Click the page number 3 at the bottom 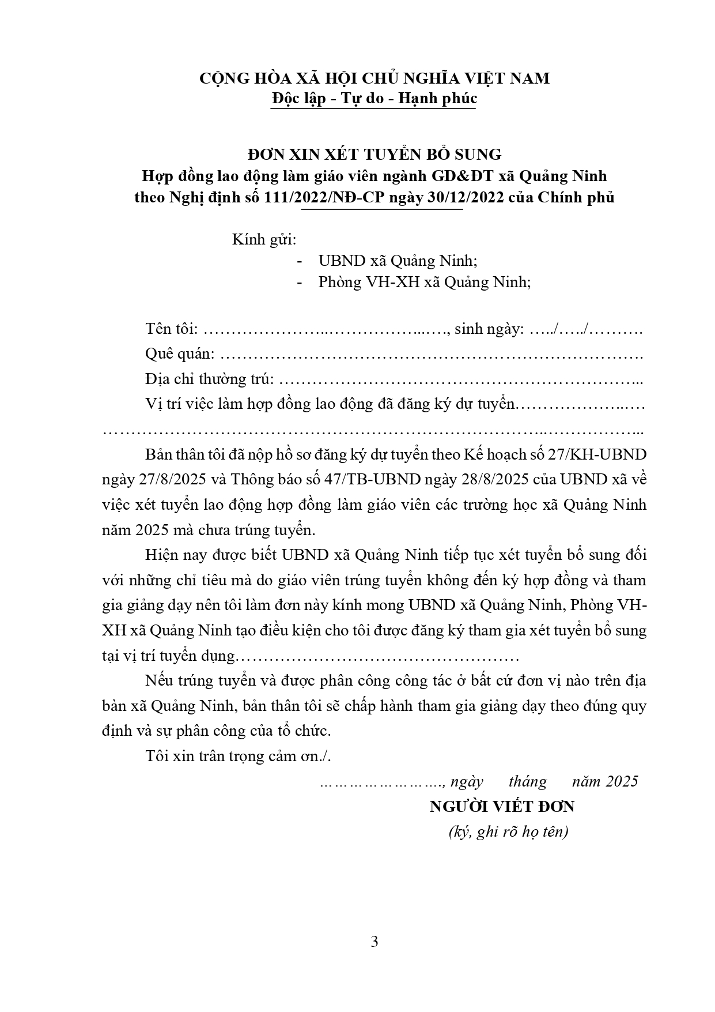click(x=374, y=942)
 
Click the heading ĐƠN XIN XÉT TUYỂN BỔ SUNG click(x=374, y=154)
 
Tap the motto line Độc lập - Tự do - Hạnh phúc click(x=374, y=99)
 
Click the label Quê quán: click(x=180, y=354)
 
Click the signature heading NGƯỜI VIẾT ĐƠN click(x=502, y=806)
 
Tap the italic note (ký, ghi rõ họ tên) click(x=508, y=832)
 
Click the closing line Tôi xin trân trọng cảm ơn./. click(x=239, y=756)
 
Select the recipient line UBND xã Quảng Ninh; click(x=398, y=261)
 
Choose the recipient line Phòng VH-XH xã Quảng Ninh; click(x=424, y=283)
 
